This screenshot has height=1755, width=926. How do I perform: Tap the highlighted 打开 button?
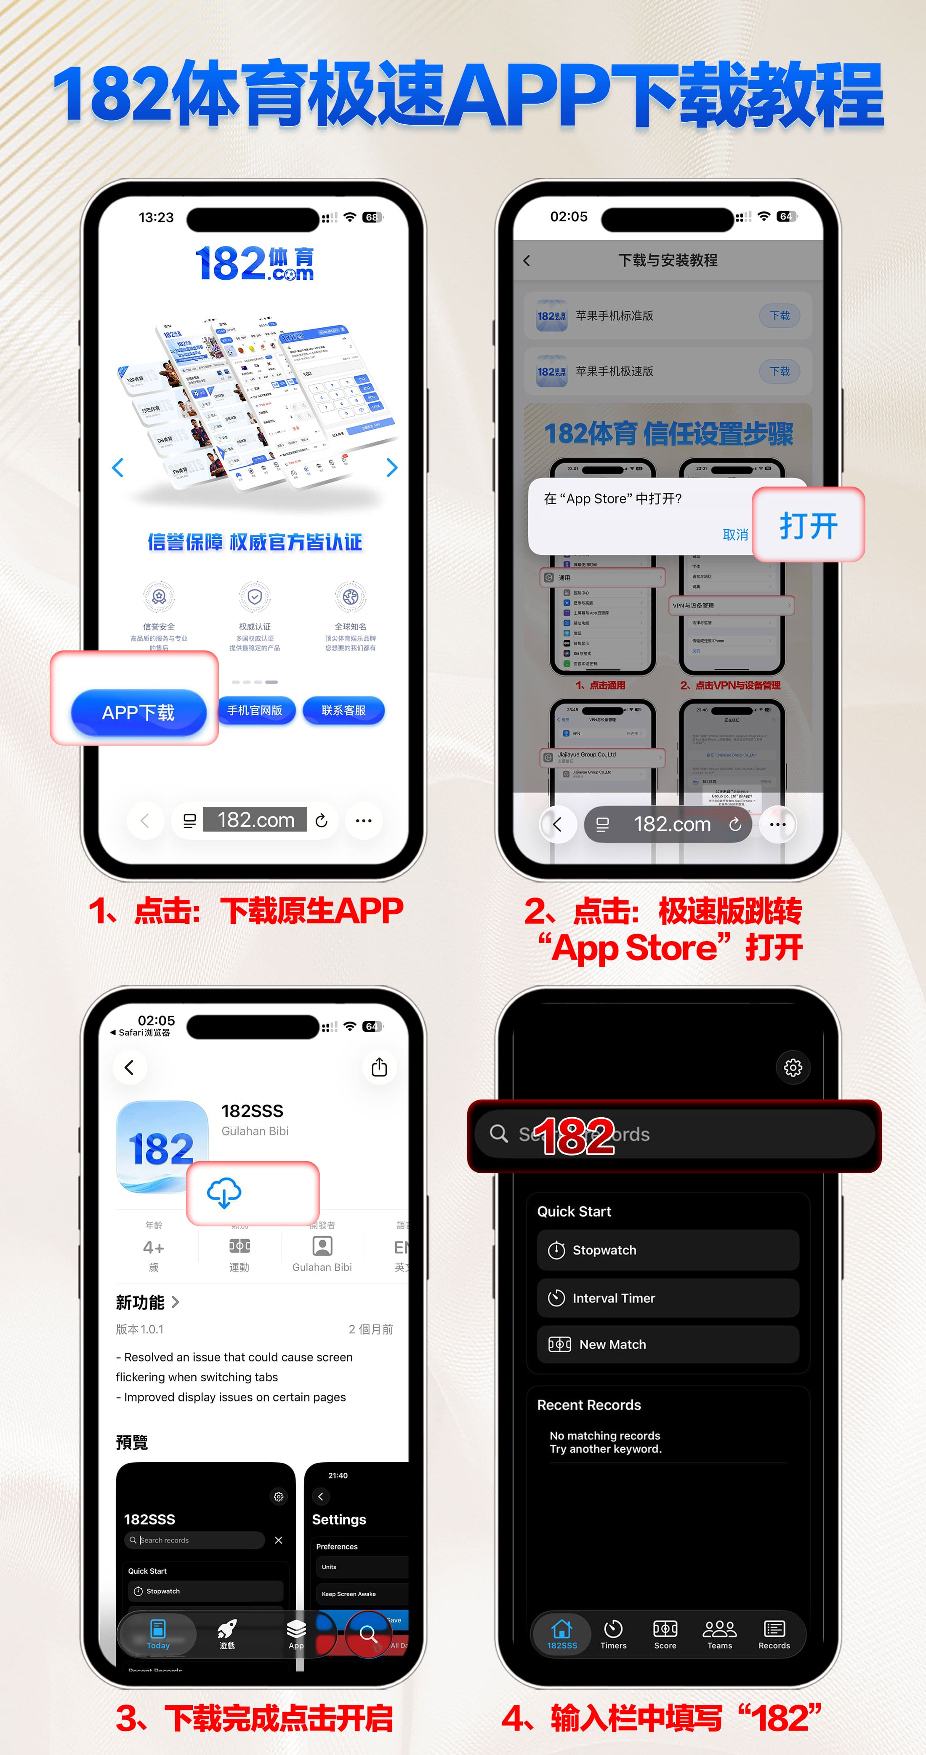[808, 525]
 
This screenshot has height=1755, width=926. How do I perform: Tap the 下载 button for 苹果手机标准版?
[780, 316]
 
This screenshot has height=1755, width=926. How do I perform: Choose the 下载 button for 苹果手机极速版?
[780, 371]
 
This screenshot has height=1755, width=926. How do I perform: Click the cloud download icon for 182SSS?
[224, 1192]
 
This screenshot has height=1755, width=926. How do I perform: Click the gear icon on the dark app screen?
[793, 1067]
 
